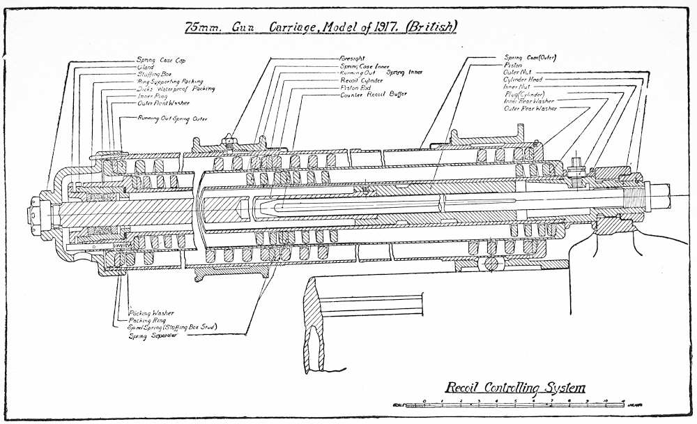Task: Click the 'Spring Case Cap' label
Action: click(160, 60)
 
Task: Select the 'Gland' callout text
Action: click(146, 67)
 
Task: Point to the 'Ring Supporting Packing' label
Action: click(170, 82)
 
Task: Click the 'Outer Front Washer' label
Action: click(163, 103)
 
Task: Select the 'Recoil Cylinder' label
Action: click(361, 80)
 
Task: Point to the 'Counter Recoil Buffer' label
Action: click(373, 93)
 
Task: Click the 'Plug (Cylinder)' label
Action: click(523, 93)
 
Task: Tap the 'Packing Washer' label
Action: click(151, 313)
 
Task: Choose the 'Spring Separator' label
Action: click(152, 335)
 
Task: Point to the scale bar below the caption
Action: click(509, 404)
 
